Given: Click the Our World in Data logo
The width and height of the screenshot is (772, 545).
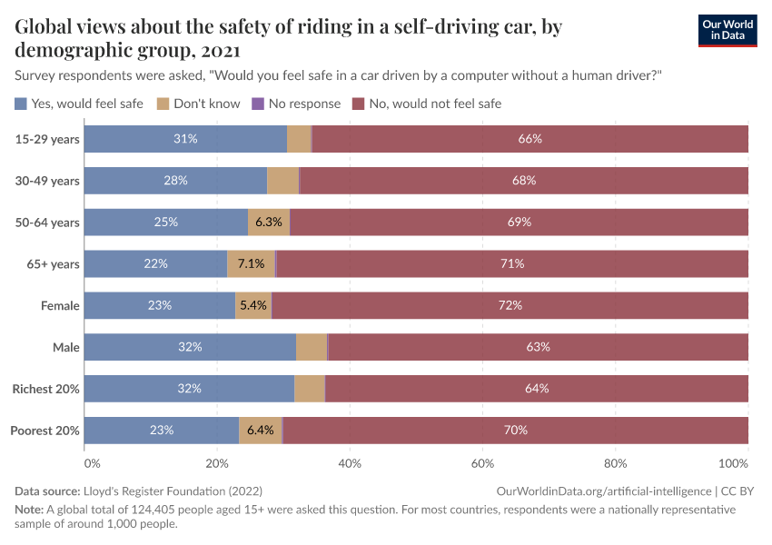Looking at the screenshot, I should (x=727, y=30).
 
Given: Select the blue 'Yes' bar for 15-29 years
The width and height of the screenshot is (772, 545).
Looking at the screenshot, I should (x=185, y=139).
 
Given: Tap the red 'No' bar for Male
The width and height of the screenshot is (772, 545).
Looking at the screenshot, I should (x=538, y=347).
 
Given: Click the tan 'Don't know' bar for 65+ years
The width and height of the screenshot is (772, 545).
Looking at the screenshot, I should (x=251, y=264).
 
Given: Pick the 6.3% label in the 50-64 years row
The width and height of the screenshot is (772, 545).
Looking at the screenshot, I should (x=269, y=223).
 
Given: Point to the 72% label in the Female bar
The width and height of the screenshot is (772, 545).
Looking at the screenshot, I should (x=510, y=306).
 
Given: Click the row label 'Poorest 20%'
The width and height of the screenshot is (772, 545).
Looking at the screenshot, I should (x=45, y=431).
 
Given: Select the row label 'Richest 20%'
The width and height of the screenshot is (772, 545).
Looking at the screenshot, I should (x=45, y=389).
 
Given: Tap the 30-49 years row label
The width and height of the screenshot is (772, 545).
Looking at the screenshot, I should (x=47, y=181).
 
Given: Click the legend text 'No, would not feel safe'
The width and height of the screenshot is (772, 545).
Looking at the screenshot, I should (x=435, y=104).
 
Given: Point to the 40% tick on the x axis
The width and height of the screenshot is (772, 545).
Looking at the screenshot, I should (x=350, y=463).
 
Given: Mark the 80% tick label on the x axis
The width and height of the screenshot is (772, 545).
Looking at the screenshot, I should (x=616, y=463).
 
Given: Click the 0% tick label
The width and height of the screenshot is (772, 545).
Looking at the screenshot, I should (x=92, y=463).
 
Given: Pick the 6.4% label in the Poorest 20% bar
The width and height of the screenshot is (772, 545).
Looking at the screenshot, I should (x=261, y=431).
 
